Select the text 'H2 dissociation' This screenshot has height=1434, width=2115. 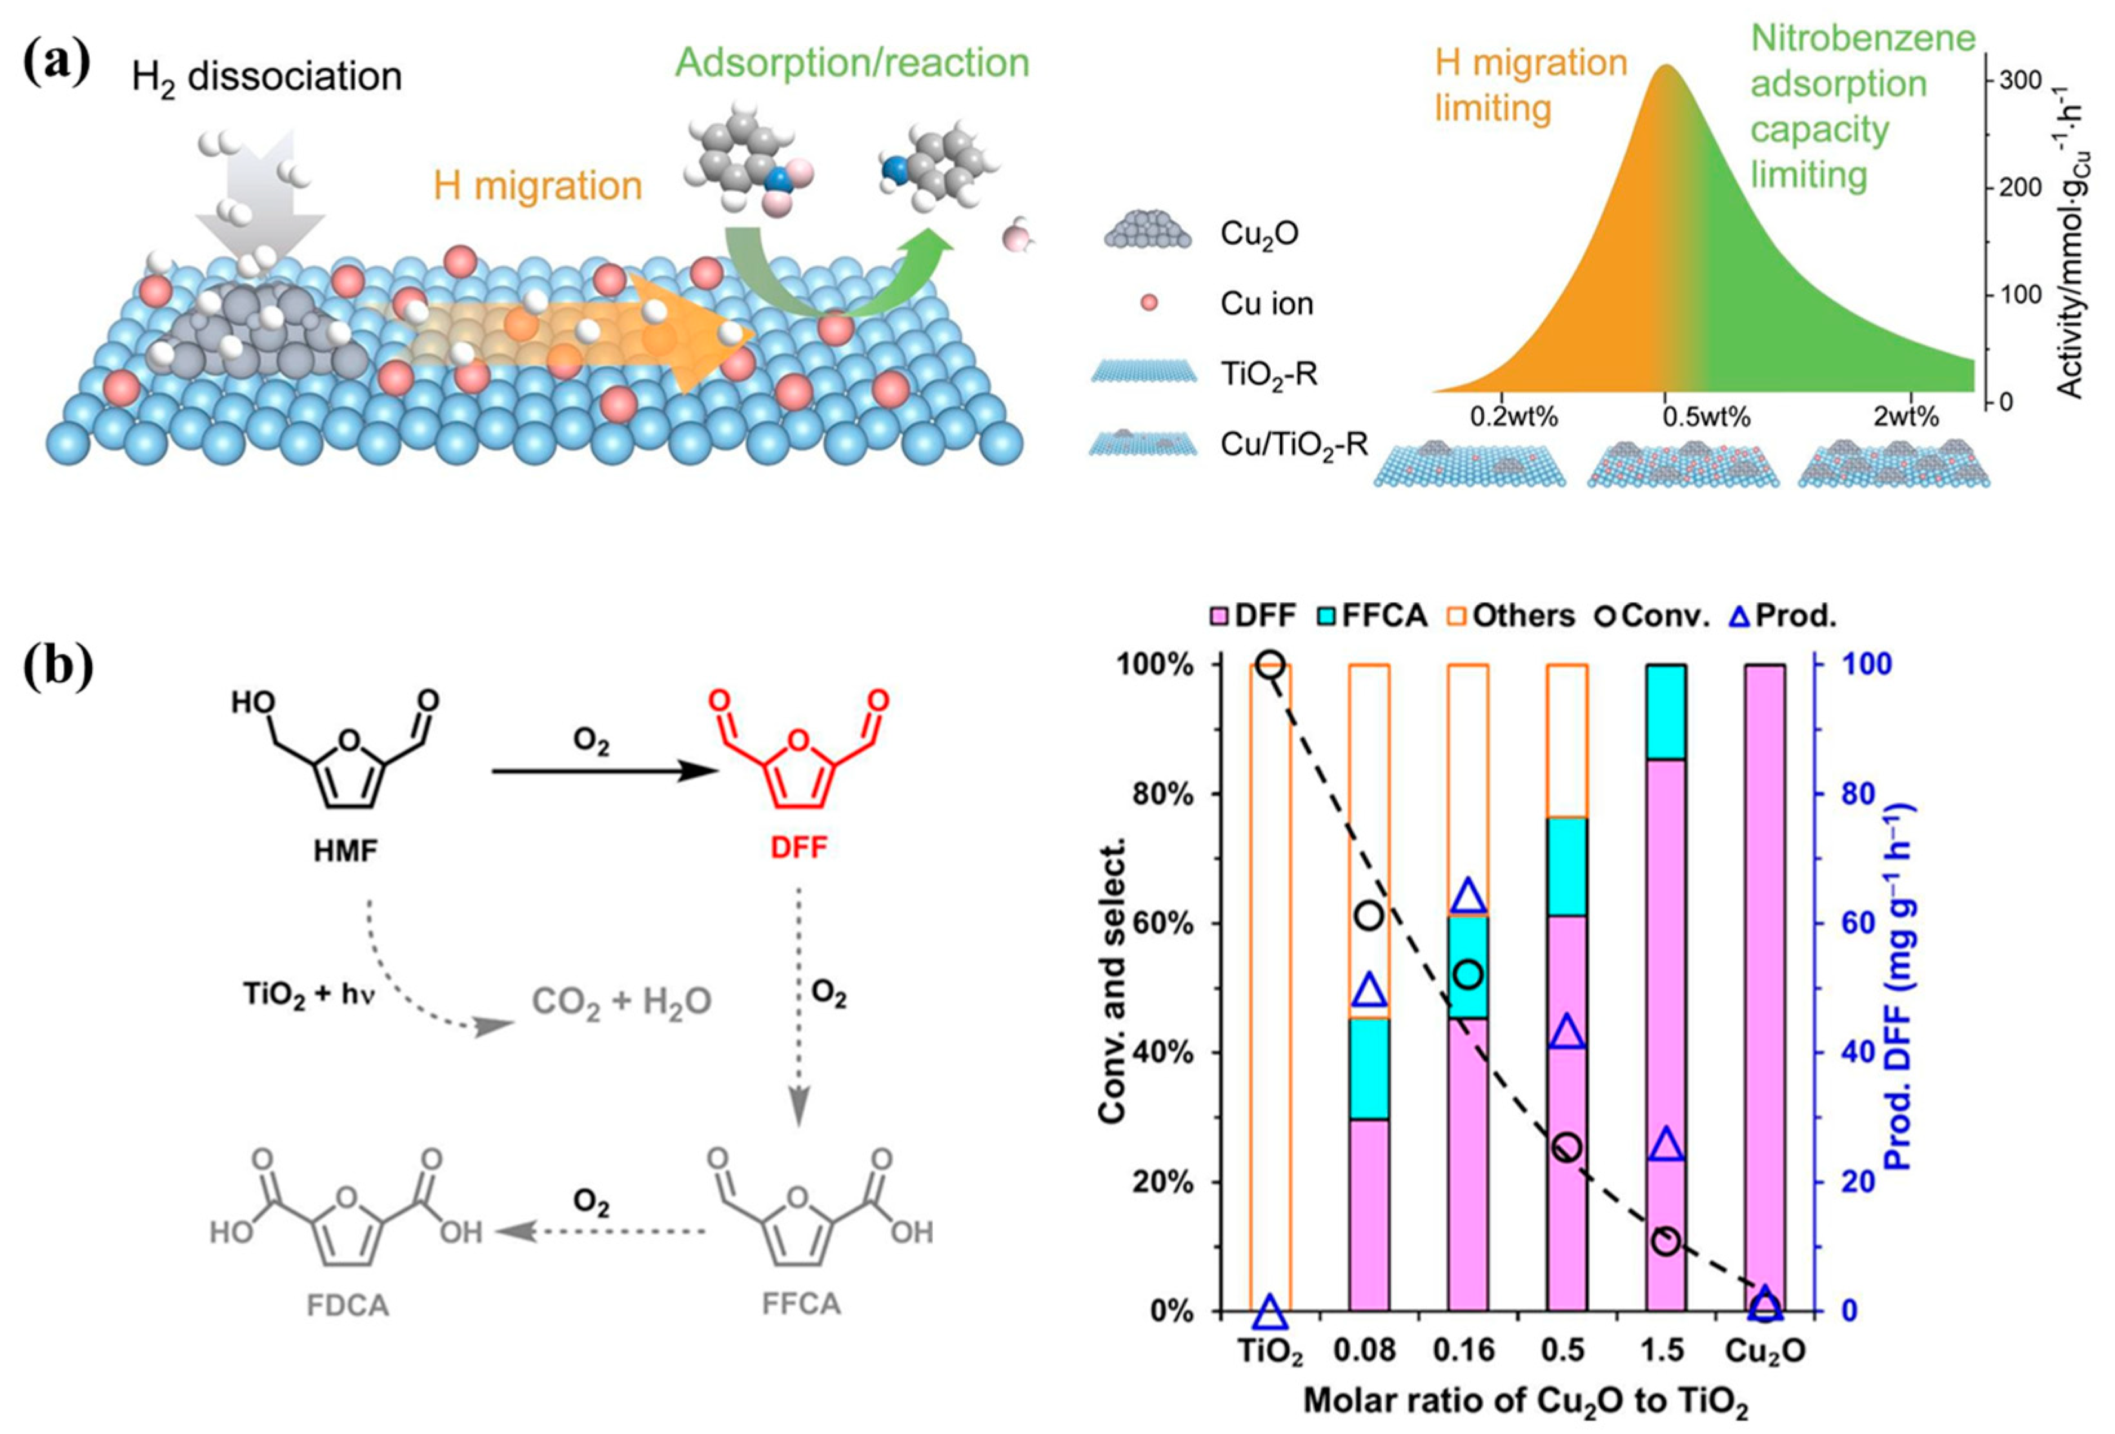tap(266, 77)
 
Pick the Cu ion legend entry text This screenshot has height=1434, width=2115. tap(1267, 304)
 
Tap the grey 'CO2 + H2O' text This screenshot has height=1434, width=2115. tap(622, 1002)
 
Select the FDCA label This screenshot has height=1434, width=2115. tap(348, 1305)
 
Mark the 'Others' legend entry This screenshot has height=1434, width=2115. tap(1511, 616)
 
